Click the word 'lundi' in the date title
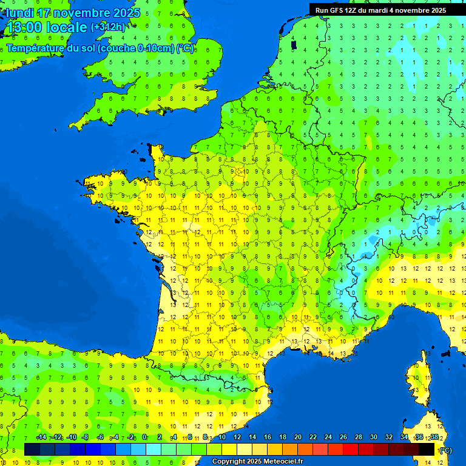pyautogui.click(x=20, y=13)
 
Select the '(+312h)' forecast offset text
pyautogui.click(x=108, y=27)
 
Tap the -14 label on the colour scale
pyautogui.click(x=41, y=437)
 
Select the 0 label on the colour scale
pyautogui.click(x=144, y=437)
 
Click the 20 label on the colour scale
pyautogui.click(x=297, y=437)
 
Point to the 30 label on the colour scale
pyautogui.click(x=373, y=437)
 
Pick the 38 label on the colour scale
pyautogui.click(x=434, y=437)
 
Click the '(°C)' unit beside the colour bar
pyautogui.click(x=446, y=450)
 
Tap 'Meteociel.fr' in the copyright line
pyautogui.click(x=283, y=462)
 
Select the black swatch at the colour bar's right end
pyautogui.click(x=427, y=449)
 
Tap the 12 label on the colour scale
pyautogui.click(x=237, y=437)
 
